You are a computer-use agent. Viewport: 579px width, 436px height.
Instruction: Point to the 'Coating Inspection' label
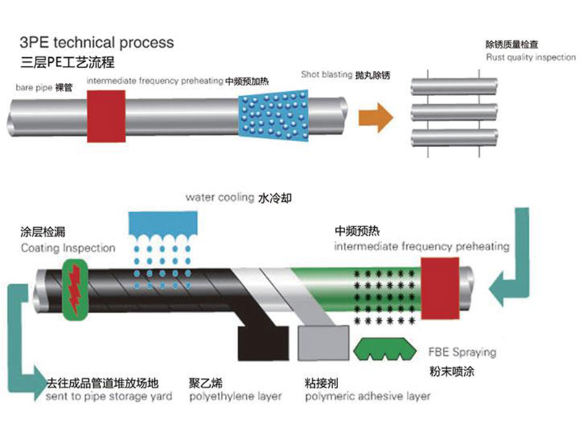[68, 248]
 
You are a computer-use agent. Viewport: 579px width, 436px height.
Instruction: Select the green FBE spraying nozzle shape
[384, 350]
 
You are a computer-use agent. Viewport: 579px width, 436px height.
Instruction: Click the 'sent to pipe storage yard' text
[109, 396]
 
